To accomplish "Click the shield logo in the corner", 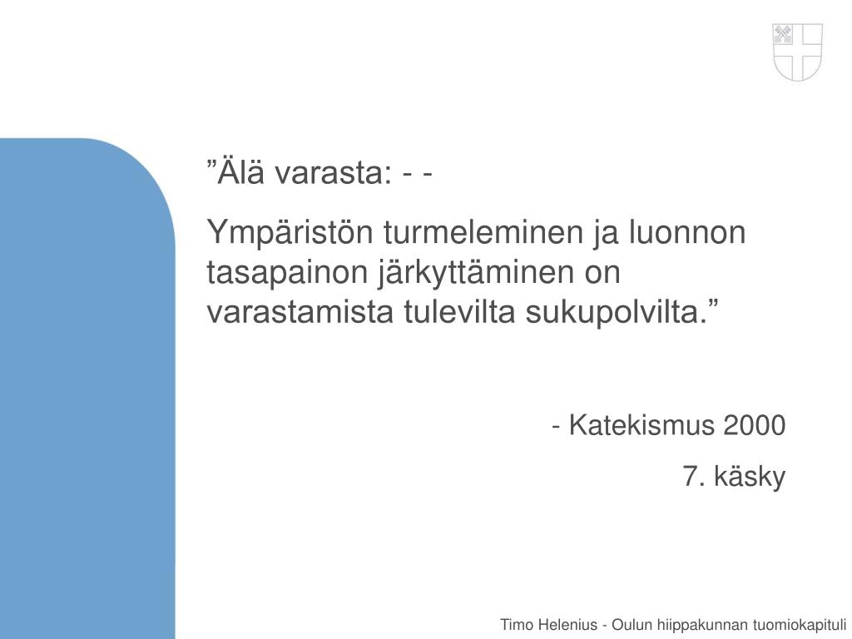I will (x=798, y=52).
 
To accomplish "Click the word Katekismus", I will (x=642, y=426).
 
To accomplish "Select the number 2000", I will (x=755, y=426).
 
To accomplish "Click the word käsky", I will (x=751, y=477).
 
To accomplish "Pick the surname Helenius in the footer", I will (x=567, y=625).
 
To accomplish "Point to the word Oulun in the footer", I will (x=632, y=625).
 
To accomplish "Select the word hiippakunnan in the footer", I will (x=701, y=625).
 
